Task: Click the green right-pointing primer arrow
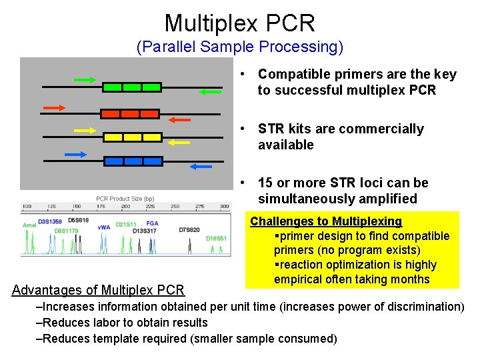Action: pyautogui.click(x=85, y=79)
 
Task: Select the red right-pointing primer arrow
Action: pyautogui.click(x=55, y=107)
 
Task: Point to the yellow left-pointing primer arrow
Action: pyautogui.click(x=178, y=142)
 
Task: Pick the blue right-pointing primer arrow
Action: pyautogui.click(x=76, y=155)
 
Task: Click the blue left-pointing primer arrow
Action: pyautogui.click(x=202, y=166)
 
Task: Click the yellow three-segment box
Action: pyautogui.click(x=132, y=137)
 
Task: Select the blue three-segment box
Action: pyautogui.click(x=133, y=161)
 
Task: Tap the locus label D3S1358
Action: pyautogui.click(x=50, y=221)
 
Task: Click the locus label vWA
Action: pyautogui.click(x=104, y=227)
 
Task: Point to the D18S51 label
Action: pyautogui.click(x=217, y=238)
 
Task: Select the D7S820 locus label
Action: pyautogui.click(x=189, y=230)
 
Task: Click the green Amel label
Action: pyautogui.click(x=29, y=225)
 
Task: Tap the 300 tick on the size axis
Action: pyautogui.click(x=225, y=207)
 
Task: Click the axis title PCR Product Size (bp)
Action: pyautogui.click(x=125, y=199)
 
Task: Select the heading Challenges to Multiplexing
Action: pyautogui.click(x=326, y=221)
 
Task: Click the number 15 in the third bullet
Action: pyautogui.click(x=265, y=183)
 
